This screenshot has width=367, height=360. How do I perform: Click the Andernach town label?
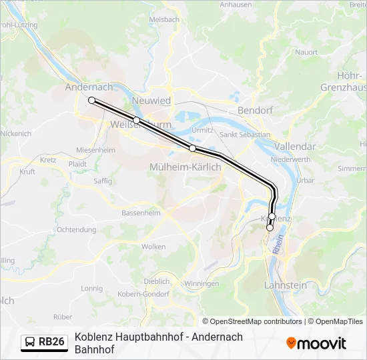[89, 87]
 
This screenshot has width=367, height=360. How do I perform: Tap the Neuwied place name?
[151, 101]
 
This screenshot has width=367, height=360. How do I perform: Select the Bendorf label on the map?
[254, 110]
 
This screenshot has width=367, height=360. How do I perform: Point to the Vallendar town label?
[294, 146]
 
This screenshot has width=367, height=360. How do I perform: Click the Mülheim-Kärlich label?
[186, 167]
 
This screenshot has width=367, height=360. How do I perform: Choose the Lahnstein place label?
[286, 285]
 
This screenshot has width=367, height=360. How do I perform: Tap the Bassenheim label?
[141, 213]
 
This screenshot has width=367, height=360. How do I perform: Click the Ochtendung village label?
[76, 230]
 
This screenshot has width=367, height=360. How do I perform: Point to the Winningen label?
[201, 284]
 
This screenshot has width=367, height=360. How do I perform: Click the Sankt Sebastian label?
[245, 135]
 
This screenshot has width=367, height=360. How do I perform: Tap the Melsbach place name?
[164, 20]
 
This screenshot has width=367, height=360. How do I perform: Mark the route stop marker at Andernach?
[92, 101]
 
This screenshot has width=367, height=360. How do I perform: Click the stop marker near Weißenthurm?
[136, 120]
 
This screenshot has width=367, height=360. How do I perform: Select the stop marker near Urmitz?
[192, 148]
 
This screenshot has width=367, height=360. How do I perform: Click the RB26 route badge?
[44, 342]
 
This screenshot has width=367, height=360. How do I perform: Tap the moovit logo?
[316, 343]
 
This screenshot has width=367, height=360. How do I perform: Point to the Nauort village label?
[306, 52]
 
